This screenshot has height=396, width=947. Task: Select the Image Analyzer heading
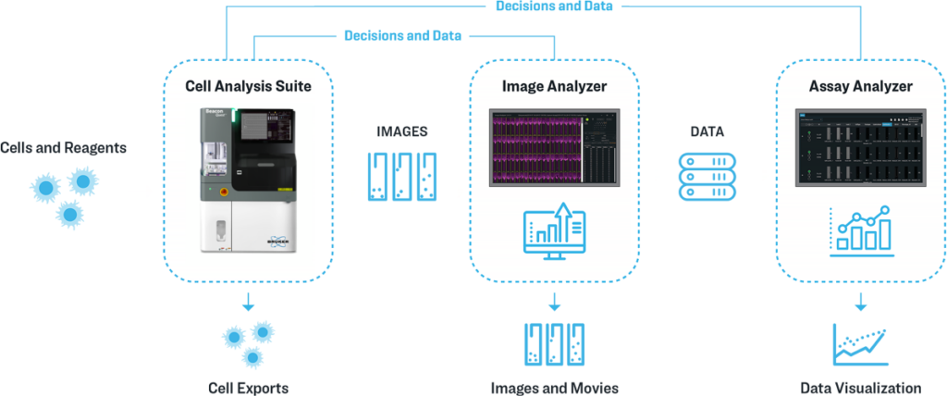[x=554, y=86]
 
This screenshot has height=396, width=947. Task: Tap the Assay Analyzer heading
[x=860, y=86]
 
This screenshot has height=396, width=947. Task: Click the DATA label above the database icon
[x=707, y=132]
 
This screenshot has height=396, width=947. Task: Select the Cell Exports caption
[x=247, y=387]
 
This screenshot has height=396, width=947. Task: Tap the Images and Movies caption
[x=555, y=387]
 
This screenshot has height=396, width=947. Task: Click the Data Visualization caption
[x=861, y=387]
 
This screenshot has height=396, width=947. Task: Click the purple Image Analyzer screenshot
[x=554, y=146]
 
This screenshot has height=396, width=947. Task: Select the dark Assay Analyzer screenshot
[x=860, y=146]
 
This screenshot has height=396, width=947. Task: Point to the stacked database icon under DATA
[x=707, y=176]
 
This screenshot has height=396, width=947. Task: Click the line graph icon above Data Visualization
[x=860, y=345]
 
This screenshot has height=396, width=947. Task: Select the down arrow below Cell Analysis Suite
[x=247, y=302]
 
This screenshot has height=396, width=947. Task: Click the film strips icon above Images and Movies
[x=555, y=345]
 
